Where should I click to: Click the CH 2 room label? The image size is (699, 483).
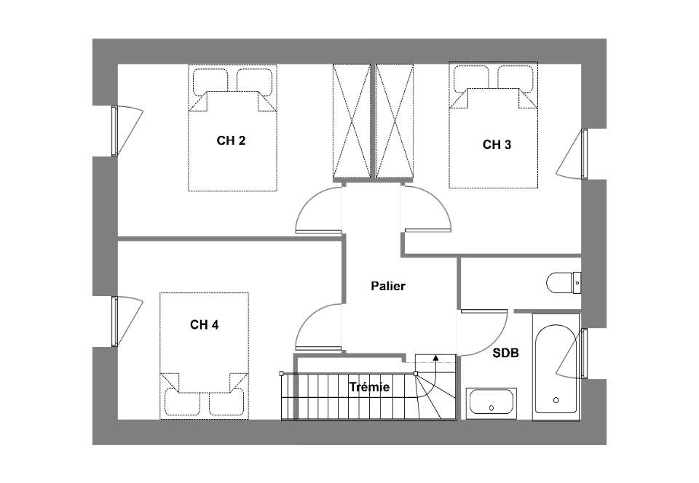[231, 140]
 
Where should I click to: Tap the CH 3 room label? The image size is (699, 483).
[497, 145]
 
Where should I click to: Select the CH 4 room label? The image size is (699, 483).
[204, 325]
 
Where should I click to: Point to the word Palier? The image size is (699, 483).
[388, 286]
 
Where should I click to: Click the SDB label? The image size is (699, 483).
[505, 354]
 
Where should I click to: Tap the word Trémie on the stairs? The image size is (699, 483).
[369, 387]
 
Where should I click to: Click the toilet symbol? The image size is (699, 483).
[564, 282]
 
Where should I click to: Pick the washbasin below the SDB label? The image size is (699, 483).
[491, 403]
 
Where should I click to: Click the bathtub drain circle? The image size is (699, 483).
[556, 400]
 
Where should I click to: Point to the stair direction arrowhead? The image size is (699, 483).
[435, 356]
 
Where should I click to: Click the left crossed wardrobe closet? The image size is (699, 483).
[352, 121]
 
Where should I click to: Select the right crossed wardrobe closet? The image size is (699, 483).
[395, 121]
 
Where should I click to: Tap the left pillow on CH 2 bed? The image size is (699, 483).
[210, 81]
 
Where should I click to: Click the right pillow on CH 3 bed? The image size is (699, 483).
[516, 79]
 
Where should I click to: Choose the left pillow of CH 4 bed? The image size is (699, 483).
[182, 403]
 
